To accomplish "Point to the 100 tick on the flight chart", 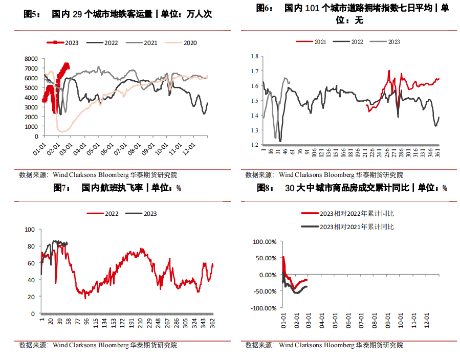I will point(30,230).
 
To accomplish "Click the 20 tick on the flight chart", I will point(32,297).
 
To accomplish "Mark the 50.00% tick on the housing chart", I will point(266,258).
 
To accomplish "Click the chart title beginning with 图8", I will point(353,188).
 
